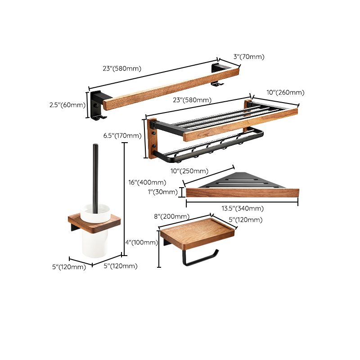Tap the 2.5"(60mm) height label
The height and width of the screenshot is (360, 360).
(67, 105)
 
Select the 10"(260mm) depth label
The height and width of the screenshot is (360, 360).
(285, 92)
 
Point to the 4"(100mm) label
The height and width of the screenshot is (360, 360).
(141, 243)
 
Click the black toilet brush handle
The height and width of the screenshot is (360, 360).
(95, 175)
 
